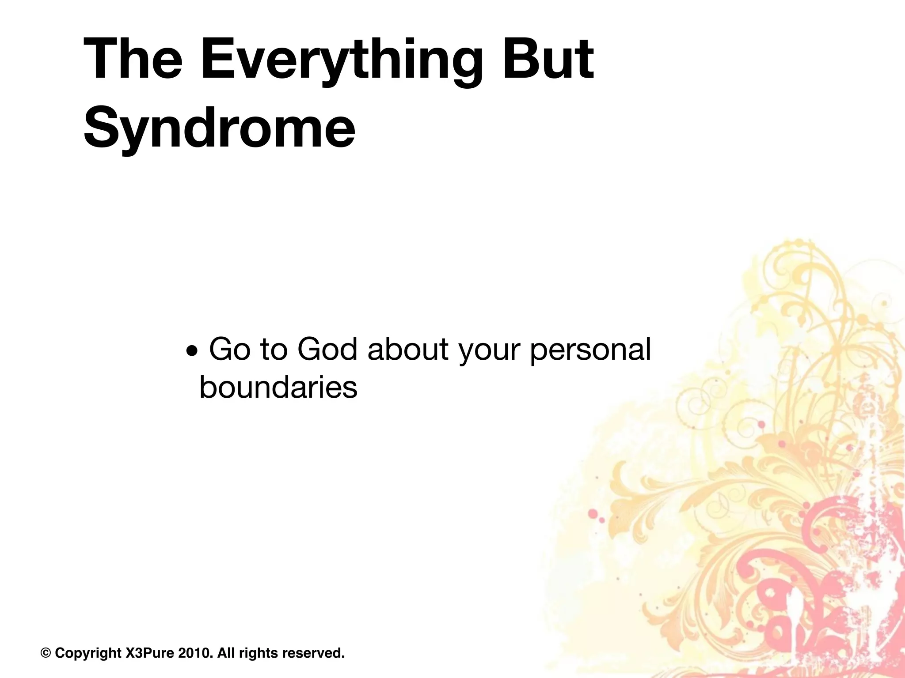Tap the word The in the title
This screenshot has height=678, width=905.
[x=133, y=60]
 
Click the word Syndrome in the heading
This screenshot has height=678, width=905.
[x=219, y=128]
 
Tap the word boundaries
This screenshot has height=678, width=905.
[x=278, y=388]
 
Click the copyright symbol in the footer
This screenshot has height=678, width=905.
[x=46, y=653]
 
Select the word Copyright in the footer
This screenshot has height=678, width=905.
[x=88, y=653]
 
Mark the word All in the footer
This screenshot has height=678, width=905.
[x=226, y=653]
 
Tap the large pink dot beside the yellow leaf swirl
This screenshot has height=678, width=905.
[x=593, y=513]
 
